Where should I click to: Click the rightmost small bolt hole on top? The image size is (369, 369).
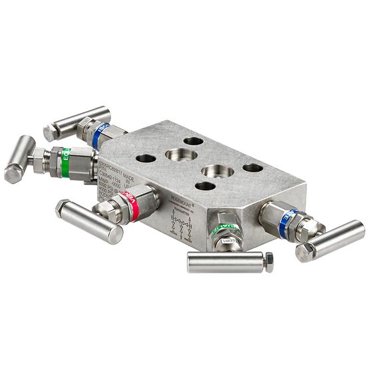click(x=253, y=168)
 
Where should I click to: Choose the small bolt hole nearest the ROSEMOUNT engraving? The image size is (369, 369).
click(x=205, y=185)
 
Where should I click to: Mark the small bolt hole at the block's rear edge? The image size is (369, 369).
click(x=193, y=142)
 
